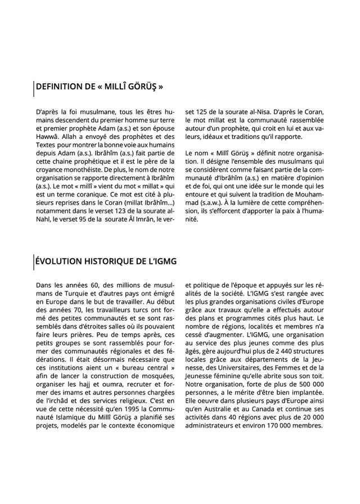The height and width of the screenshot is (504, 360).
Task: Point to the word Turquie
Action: (64, 294)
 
